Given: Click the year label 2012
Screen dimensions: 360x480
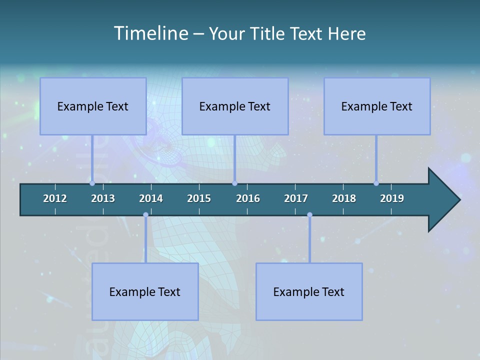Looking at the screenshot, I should click(x=55, y=198).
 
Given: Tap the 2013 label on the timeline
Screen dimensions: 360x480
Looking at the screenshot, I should click(x=103, y=198).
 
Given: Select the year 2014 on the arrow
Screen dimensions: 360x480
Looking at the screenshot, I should click(x=151, y=198).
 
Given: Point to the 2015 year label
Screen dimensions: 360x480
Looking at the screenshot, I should click(x=199, y=198).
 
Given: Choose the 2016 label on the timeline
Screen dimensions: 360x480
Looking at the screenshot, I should click(x=248, y=198).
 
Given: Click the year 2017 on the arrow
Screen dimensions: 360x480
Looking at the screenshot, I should click(x=296, y=198).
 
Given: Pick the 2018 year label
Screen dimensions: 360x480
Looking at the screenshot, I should click(x=344, y=198).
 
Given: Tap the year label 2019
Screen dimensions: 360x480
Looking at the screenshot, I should click(x=392, y=198).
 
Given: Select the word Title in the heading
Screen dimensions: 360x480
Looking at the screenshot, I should click(x=267, y=33).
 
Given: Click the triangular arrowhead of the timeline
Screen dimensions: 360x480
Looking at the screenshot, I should click(x=443, y=200).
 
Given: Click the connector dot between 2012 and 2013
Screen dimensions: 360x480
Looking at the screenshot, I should click(x=92, y=183).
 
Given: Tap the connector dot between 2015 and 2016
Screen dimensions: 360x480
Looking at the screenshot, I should click(x=234, y=183).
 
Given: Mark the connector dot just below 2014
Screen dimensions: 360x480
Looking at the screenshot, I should click(x=145, y=215).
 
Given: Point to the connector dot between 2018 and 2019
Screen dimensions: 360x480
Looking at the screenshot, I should click(x=376, y=183).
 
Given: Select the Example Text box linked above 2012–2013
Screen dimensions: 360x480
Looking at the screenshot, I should click(x=93, y=106).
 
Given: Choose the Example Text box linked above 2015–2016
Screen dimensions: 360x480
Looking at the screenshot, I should click(x=235, y=106).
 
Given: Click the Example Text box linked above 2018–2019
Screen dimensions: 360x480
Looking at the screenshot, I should click(x=377, y=106).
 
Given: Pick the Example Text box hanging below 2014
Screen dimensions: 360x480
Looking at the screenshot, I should click(x=145, y=291).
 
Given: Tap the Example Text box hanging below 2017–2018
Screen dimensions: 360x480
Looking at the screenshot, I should click(x=309, y=291).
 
